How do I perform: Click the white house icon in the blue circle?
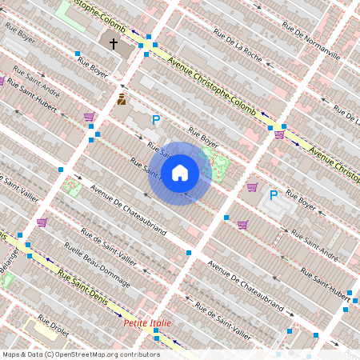click(x=180, y=173)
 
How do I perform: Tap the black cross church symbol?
click(x=114, y=43)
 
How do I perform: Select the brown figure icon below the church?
click(x=122, y=99)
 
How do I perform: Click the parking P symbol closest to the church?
click(x=156, y=120)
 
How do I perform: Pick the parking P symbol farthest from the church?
click(x=274, y=194)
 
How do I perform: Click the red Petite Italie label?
click(x=148, y=322)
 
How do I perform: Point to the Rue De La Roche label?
click(x=238, y=45)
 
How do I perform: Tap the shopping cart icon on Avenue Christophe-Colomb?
click(x=279, y=134)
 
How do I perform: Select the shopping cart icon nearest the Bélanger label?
click(x=42, y=222)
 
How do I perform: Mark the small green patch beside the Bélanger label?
click(x=8, y=281)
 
